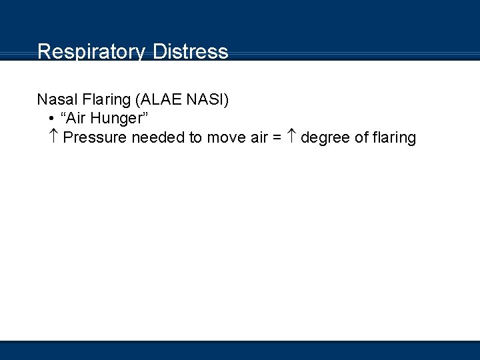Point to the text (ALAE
157,100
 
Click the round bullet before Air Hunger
51,119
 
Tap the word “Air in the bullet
75,119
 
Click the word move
225,137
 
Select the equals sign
278,138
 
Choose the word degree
323,137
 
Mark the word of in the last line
359,137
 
